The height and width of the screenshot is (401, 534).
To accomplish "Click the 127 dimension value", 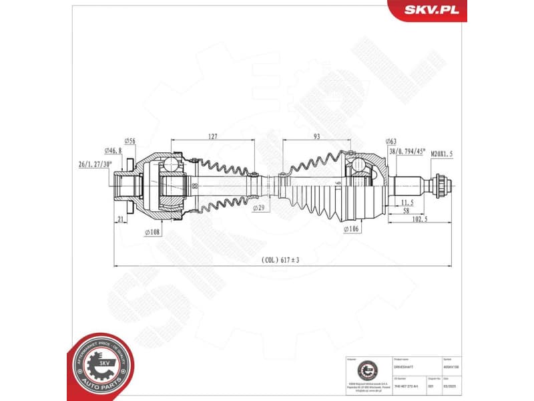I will click(x=212, y=136).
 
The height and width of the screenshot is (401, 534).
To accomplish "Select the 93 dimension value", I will click(x=316, y=136).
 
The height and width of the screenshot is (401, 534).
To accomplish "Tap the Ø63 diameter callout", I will click(x=391, y=141).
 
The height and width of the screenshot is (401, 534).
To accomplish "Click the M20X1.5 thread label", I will click(x=441, y=154).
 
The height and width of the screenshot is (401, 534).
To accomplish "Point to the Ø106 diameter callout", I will click(x=352, y=229).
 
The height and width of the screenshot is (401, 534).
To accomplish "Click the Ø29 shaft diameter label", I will click(x=260, y=209).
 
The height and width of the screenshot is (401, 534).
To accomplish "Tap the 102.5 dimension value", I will click(x=420, y=219).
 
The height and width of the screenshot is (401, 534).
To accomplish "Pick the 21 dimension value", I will click(x=121, y=219).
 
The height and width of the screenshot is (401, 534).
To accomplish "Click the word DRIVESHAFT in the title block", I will click(x=405, y=367).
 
